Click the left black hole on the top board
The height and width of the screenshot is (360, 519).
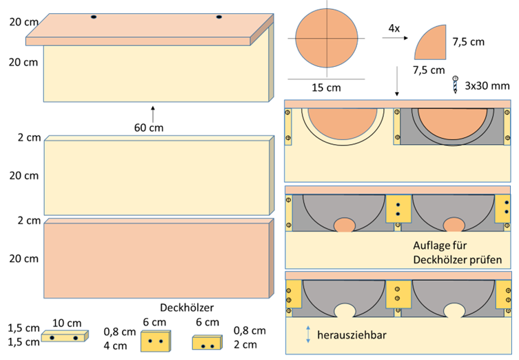(94, 17)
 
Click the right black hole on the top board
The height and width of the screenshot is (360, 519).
(218, 17)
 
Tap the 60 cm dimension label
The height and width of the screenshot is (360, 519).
(149, 128)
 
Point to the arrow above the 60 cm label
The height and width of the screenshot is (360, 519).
(152, 114)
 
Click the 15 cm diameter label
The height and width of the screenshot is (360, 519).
(326, 88)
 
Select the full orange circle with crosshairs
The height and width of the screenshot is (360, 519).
(327, 38)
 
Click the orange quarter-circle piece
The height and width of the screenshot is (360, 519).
(433, 44)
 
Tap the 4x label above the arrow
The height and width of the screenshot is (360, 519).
(394, 28)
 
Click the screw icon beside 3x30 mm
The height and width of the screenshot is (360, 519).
(456, 84)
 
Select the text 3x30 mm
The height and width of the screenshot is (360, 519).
(487, 86)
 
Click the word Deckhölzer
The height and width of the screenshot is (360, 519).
(187, 308)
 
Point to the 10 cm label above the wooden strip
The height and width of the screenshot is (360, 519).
(67, 323)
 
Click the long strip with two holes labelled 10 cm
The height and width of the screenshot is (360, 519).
(65, 336)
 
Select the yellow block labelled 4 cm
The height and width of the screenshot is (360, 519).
(156, 341)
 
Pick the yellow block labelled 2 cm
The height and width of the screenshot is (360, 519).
(207, 343)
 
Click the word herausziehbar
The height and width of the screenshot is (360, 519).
(352, 335)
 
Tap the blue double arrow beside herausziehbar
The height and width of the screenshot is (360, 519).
(308, 334)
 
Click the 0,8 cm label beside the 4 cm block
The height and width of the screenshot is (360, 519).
(119, 332)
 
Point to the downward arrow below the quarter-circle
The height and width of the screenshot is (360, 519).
(397, 81)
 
